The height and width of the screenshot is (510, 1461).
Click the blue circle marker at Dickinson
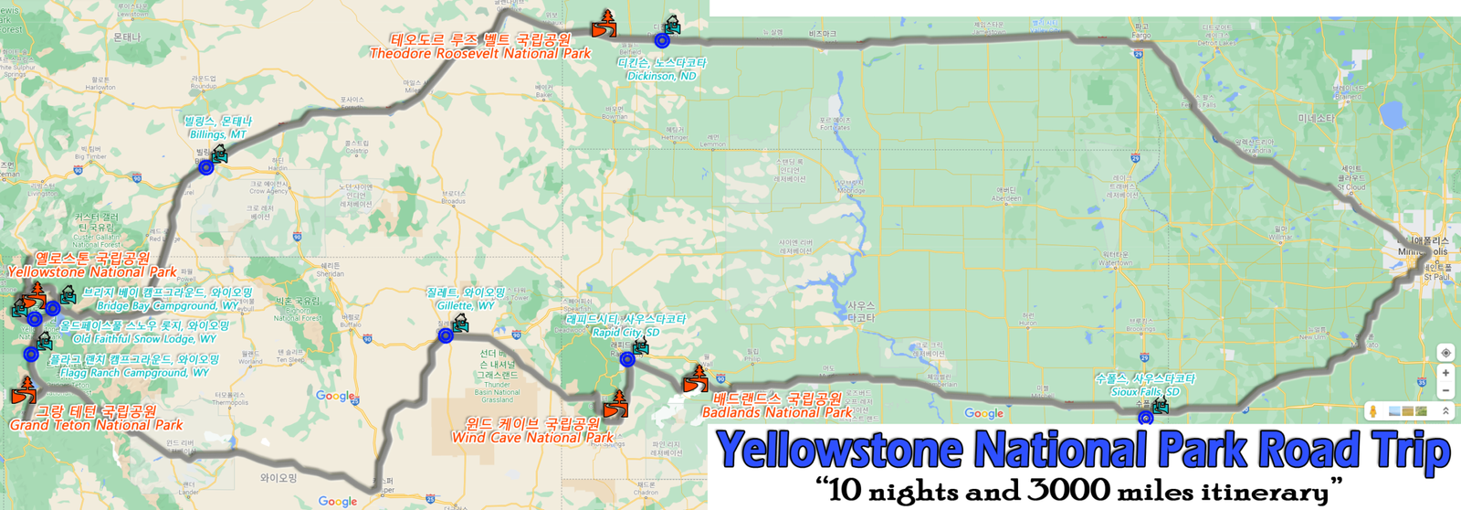[x=662, y=40]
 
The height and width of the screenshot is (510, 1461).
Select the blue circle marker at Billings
[x=206, y=167]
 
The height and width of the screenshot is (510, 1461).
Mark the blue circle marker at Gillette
[x=446, y=336]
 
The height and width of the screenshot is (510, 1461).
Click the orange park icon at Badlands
[x=696, y=379]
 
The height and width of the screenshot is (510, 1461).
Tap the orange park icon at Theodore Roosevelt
[x=604, y=25]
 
